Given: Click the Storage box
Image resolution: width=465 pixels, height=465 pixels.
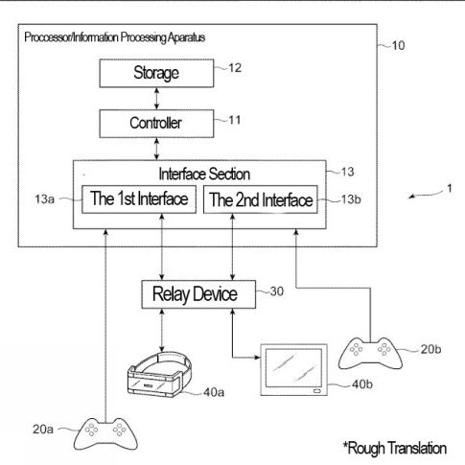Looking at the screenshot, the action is point(156,73).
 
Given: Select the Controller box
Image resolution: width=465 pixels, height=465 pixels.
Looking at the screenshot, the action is point(156,124).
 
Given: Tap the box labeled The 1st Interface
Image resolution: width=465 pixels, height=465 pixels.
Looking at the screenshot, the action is point(139,199).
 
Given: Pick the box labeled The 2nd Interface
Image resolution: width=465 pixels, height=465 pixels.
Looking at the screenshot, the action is point(261,199).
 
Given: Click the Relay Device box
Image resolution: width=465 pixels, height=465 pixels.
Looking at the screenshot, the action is point(198,294).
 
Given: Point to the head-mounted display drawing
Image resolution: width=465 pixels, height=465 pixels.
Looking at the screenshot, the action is point(160,375).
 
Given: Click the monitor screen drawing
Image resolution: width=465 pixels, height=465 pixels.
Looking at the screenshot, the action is point(294,370).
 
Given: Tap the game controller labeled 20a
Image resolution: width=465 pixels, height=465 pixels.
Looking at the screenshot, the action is point(105,434).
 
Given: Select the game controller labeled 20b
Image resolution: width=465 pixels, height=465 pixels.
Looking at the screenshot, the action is point(370,353).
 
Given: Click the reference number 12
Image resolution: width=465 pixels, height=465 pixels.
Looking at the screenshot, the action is point(235,68).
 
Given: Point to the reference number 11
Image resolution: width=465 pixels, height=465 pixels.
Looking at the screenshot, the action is point(235,120).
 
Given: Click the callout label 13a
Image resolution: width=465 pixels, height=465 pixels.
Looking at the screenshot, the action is point(44,199).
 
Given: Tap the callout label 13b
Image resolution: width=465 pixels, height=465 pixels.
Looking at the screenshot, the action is point(351,199).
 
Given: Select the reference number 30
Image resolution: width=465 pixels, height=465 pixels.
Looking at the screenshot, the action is point(277,291).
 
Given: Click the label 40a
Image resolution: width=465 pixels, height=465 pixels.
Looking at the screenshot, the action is point(214,392).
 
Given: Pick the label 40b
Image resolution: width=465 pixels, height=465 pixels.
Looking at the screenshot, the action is point(362,384).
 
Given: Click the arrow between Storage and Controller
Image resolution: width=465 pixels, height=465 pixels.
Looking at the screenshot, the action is point(156,99).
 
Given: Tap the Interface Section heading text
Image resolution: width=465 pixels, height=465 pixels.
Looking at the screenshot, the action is point(204,174).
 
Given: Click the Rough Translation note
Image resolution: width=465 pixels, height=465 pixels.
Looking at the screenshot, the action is point(395,448).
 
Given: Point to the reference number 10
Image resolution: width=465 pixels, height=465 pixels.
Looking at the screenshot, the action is point(398,45).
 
